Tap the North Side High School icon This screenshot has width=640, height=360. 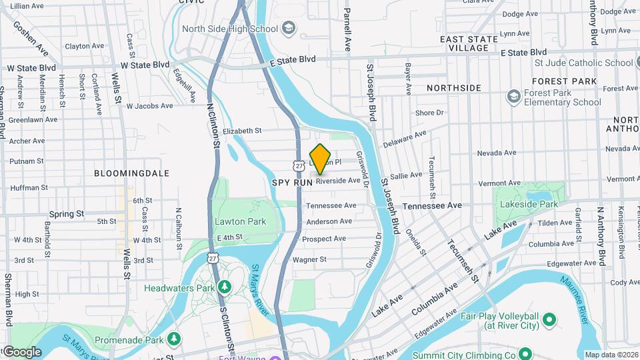click(x=288, y=29)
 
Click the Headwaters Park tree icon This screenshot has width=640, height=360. click(x=225, y=287)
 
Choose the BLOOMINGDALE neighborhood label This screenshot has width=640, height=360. click(x=131, y=173)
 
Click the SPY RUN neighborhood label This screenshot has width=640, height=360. click(x=292, y=181)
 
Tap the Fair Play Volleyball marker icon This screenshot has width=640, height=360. click(x=549, y=320)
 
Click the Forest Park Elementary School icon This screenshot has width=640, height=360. click(x=513, y=97)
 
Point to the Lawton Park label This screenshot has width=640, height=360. click(x=240, y=221)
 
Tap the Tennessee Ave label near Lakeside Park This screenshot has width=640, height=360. click(x=431, y=206)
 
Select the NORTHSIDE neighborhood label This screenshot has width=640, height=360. click(x=453, y=88)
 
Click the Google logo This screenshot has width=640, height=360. click(x=22, y=351)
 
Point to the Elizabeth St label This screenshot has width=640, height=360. click(x=242, y=131)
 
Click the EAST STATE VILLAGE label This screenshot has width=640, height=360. click(x=469, y=43)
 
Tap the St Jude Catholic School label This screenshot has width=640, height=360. click(x=583, y=63)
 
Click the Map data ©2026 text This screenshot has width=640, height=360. click(x=611, y=354)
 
